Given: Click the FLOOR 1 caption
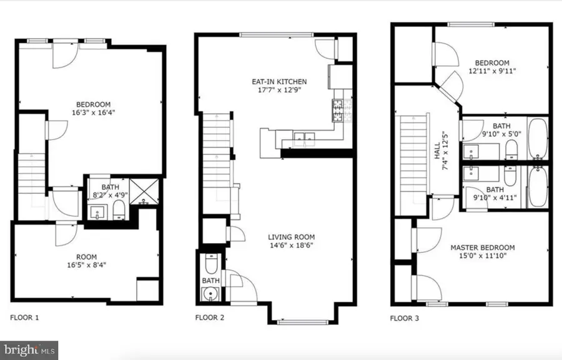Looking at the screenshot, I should pos(25,318).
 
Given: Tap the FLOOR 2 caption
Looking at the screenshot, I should pos(210,318).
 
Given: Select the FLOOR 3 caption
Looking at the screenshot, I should pos(405,318).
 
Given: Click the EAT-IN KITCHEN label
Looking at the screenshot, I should pos(280,82).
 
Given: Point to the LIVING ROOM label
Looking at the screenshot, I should pos(291,237).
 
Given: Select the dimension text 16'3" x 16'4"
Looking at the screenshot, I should pos(94,113).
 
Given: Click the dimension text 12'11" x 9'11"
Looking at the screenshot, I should pos(492,71).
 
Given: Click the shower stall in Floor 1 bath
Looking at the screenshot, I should pos(144,192).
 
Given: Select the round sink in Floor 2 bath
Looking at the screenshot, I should pos(210,294).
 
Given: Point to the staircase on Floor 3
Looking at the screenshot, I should pos(412,156).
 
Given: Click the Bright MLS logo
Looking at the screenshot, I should pos(29,347).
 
